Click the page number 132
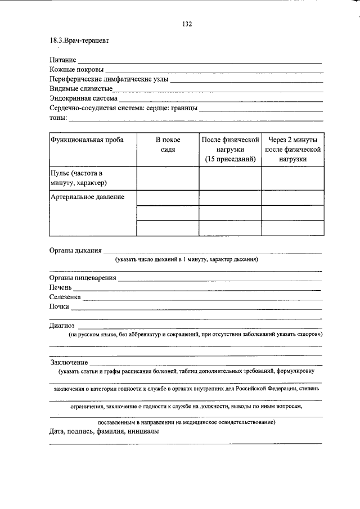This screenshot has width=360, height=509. pos(187,24)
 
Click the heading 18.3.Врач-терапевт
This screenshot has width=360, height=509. pos(79,41)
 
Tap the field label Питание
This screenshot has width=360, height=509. pos(62,60)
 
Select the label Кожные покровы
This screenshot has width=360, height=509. pos(76,69)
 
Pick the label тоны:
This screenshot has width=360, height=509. pos(58,118)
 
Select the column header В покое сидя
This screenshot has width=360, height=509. pos(168,145)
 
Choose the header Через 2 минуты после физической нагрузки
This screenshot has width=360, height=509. pos(292,149)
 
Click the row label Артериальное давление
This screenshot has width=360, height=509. pos(87,197)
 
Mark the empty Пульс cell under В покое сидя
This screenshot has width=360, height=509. pos(168,178)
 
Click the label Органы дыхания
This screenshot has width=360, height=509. pos(75,250)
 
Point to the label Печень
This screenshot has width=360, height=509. pos(60,287)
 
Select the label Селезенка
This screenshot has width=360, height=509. pos(65,297)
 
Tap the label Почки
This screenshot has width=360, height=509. pos(59,307)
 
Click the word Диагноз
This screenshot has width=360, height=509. pos(62,325)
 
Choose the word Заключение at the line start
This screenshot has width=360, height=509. pos(69,362)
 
